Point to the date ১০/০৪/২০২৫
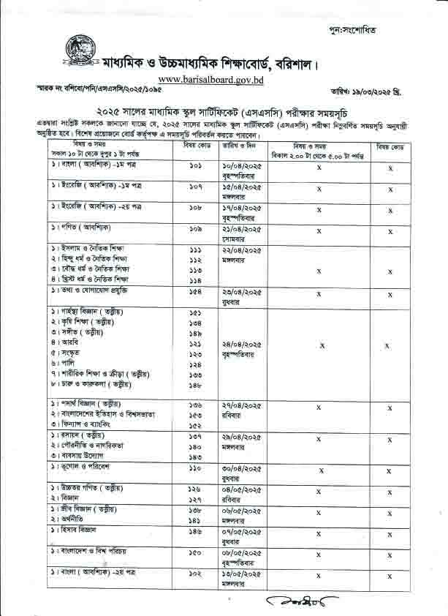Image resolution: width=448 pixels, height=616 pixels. click(242, 168)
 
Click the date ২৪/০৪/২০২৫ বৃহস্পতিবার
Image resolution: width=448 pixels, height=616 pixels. click(242, 348)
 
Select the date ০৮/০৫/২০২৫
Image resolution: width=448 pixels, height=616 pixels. click(242, 550)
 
